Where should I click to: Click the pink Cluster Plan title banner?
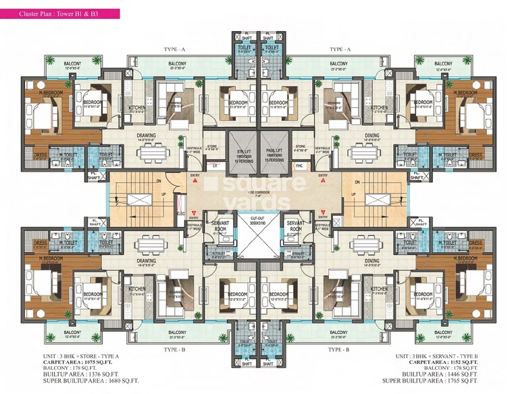[61, 12]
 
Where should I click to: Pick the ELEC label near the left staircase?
[181, 215]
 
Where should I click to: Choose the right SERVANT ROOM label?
[295, 225]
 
